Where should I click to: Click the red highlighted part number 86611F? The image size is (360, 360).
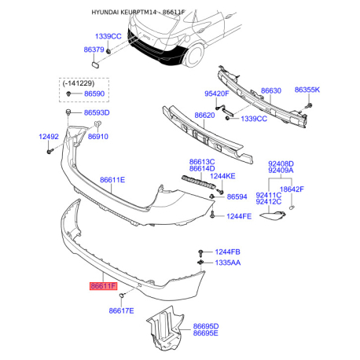103,286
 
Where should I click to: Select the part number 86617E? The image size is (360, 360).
121,310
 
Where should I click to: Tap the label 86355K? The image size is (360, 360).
307,90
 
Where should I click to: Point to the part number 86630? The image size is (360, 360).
271,90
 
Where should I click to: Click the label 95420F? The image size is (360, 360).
217,94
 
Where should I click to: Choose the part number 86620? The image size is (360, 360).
204,116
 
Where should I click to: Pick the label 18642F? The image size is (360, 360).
292,189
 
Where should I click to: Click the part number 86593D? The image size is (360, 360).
97,112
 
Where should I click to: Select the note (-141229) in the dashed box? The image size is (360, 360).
79,83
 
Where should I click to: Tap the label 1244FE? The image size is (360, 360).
239,216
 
